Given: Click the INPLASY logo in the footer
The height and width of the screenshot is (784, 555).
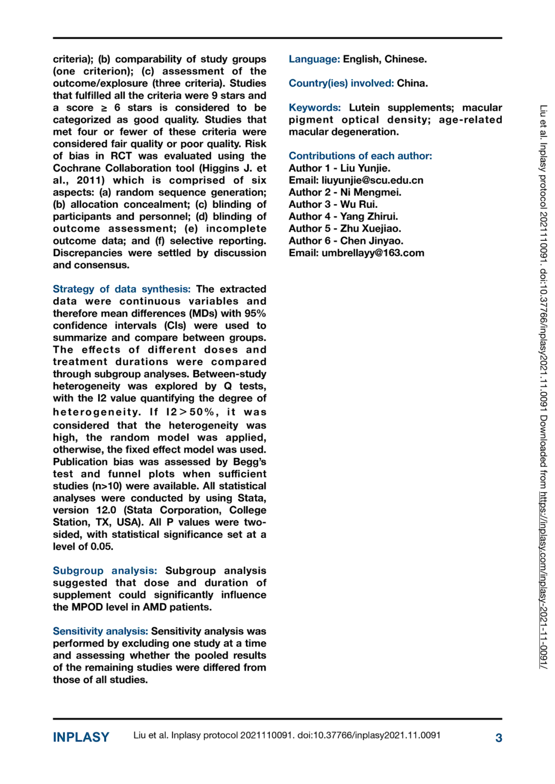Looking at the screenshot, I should (81, 737).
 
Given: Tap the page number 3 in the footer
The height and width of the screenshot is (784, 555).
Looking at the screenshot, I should (498, 738).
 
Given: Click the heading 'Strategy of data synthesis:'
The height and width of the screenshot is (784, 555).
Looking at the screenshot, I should (121, 289).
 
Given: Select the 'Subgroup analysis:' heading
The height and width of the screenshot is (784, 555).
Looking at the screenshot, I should (105, 571).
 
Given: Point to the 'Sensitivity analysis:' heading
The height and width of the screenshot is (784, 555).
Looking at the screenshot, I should (100, 631).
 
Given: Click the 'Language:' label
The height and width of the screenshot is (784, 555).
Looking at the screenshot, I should (314, 59).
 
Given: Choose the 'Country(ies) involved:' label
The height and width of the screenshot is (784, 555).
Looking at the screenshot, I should (341, 83).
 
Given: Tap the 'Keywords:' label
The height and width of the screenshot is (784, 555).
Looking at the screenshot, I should (314, 108).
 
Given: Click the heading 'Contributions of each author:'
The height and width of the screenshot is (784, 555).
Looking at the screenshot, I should (360, 156).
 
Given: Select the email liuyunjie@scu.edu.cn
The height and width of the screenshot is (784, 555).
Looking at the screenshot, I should (372, 180).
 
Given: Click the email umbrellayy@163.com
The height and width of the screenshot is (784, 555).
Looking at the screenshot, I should (373, 253).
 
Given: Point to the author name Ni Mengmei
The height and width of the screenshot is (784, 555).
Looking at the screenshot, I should (371, 192).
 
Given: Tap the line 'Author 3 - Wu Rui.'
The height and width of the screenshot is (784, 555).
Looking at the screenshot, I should (333, 204).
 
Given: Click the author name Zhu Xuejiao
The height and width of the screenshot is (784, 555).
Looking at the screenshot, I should (371, 229).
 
